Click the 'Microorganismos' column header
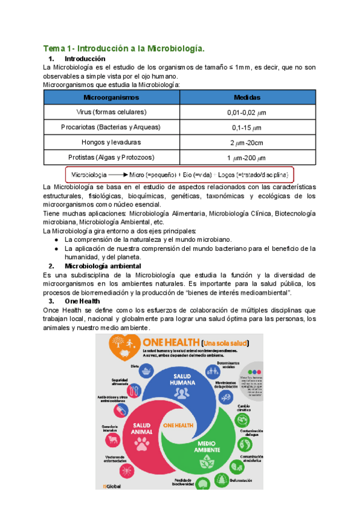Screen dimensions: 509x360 [111, 97]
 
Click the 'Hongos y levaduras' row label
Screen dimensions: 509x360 [111, 142]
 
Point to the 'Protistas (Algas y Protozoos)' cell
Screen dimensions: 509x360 [111, 157]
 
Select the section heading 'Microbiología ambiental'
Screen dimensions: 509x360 [103, 266]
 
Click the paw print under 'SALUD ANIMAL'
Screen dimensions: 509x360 [142, 444]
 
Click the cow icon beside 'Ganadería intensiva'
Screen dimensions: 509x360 [112, 440]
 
